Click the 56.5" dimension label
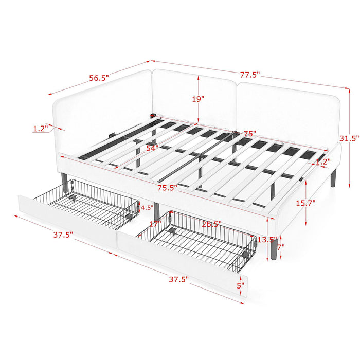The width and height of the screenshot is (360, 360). [99, 78]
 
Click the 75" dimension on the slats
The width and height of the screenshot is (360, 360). [249, 134]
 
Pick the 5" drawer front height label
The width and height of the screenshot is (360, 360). [240, 285]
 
